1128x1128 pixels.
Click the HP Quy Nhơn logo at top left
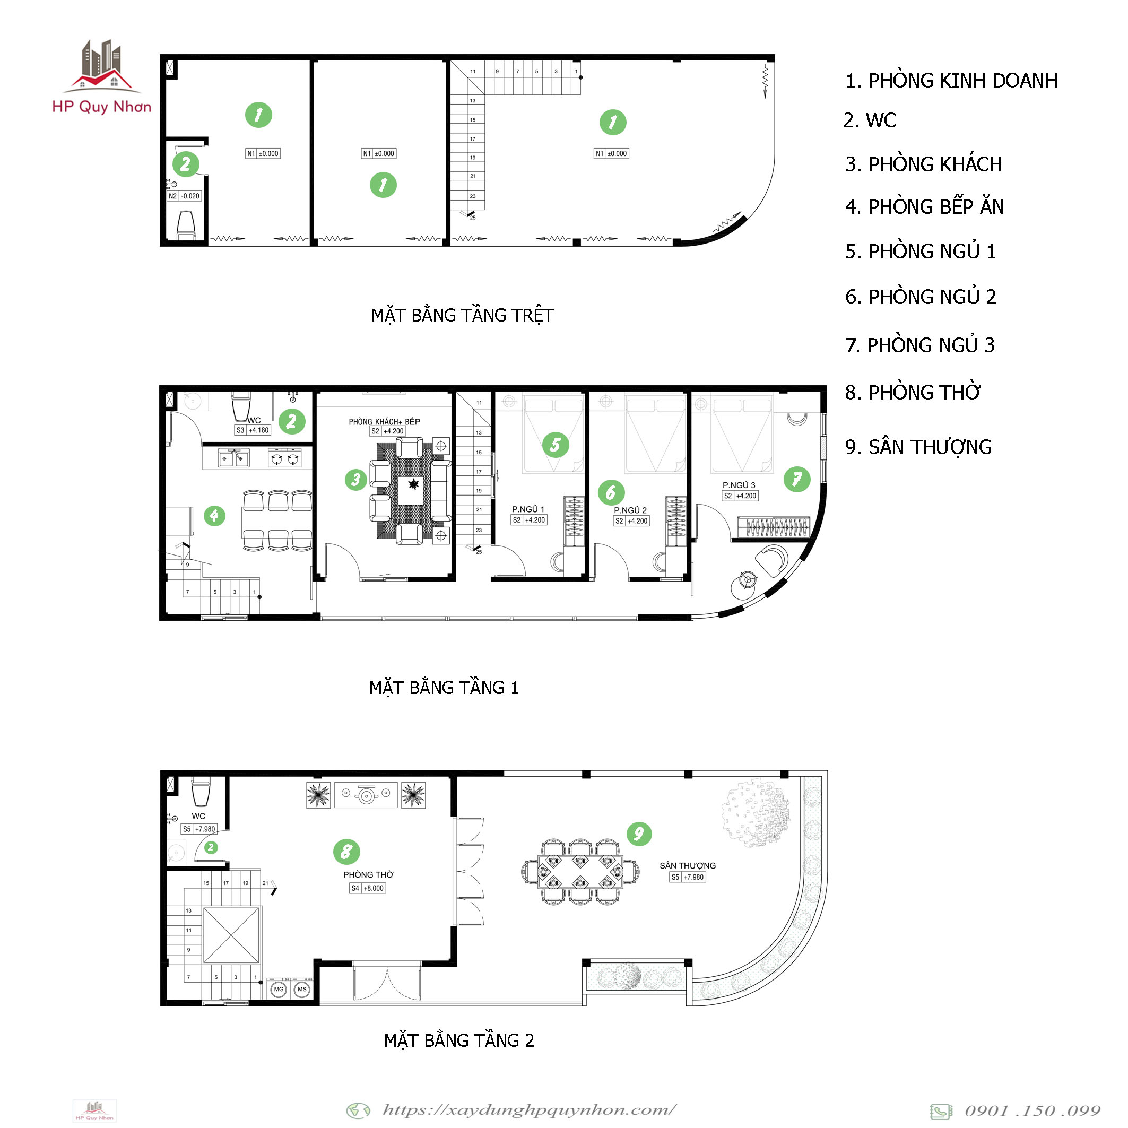coord(101,76)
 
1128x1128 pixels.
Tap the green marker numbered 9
coord(639,833)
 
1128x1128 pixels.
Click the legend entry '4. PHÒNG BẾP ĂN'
coord(924,207)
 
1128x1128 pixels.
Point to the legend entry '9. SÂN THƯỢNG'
coord(918,447)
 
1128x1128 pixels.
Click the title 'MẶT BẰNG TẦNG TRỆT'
coord(463,315)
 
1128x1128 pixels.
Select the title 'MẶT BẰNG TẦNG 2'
coord(459,1040)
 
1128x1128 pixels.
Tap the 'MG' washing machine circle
coord(279,989)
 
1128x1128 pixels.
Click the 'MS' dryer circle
coord(302,989)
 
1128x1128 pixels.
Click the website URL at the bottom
coord(530,1109)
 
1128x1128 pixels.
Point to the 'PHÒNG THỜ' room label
coord(368,874)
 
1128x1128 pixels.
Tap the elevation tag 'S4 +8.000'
coord(367,888)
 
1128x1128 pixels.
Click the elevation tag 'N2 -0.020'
coord(185,196)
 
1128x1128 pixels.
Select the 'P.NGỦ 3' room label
coord(739,485)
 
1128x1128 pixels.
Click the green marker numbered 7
coord(797,479)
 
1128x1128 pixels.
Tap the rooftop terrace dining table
coord(580,872)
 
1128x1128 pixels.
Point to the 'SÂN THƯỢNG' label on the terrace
coord(688,865)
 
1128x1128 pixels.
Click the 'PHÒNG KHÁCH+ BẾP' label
coord(385,421)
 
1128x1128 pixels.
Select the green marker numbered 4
coord(214,516)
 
